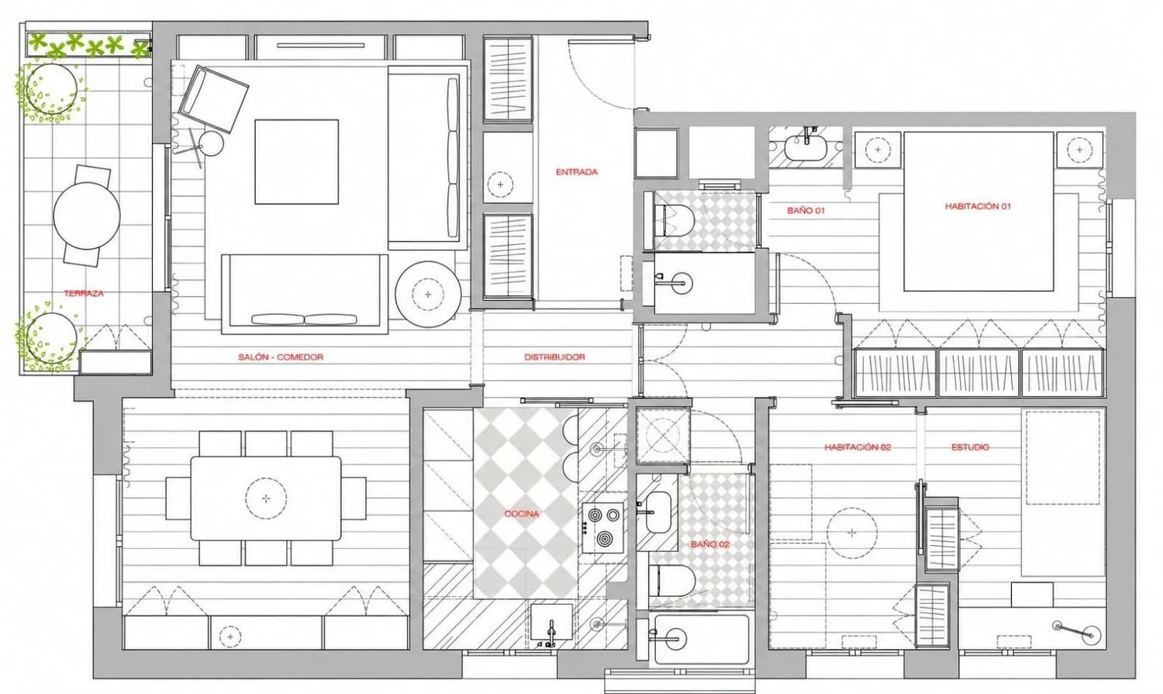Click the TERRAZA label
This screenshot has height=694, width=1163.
[x=84, y=293]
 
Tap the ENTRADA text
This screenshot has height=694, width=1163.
[x=577, y=172]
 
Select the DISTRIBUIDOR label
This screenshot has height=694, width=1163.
[x=554, y=357]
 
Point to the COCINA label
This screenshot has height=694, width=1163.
[x=522, y=514]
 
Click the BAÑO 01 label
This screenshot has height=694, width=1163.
[x=806, y=211]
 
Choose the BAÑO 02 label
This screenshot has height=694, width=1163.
[x=710, y=544]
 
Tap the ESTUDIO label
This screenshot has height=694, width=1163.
[x=971, y=447]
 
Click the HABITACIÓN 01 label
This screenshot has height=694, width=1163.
[x=978, y=206]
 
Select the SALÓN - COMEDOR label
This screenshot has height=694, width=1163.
[x=281, y=357]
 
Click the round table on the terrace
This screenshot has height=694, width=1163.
[x=87, y=216]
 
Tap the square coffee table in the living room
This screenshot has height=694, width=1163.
[x=296, y=162]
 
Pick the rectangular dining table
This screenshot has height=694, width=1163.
[x=266, y=499]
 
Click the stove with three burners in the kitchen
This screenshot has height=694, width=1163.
[x=602, y=527]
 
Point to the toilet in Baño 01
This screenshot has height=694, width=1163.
[x=674, y=220]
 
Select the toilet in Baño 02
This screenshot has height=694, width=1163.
[x=672, y=580]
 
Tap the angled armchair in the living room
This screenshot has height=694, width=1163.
[x=213, y=98]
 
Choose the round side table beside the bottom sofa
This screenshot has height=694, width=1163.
[x=428, y=295]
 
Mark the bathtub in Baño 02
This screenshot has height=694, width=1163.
[x=700, y=638]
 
